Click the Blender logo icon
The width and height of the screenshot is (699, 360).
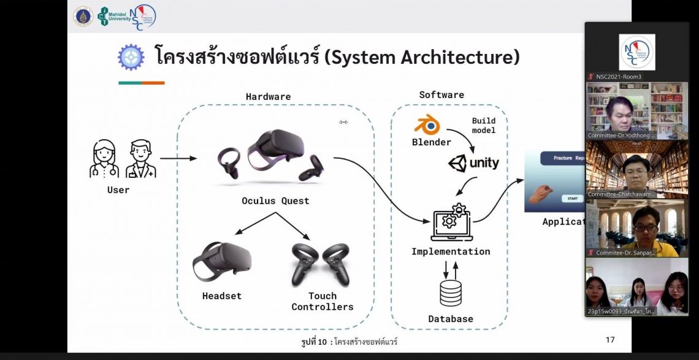tap(427, 125)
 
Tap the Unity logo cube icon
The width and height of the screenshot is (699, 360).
tap(457, 163)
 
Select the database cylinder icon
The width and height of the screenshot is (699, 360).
tap(451, 293)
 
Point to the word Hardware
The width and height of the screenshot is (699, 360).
tap(268, 97)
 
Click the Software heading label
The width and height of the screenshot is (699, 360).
tap(441, 95)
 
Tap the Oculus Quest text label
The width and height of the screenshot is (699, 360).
tap(275, 201)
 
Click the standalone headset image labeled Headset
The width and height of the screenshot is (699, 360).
tap(222, 260)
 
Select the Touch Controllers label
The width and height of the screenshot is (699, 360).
tap(323, 301)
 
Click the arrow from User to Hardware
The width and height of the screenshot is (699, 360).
tap(178, 158)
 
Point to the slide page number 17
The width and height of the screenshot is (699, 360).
tap(609, 340)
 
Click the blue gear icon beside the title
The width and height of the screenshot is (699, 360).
tap(131, 58)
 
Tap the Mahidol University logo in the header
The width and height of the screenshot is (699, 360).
tap(115, 17)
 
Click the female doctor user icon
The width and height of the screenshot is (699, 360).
tap(104, 159)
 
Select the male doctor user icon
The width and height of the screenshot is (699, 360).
tap(140, 159)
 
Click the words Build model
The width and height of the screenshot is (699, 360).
tap(484, 126)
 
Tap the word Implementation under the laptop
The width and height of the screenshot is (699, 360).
tap(451, 251)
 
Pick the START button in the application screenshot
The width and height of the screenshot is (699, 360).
tap(572, 198)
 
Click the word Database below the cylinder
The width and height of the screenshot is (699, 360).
tap(451, 319)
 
